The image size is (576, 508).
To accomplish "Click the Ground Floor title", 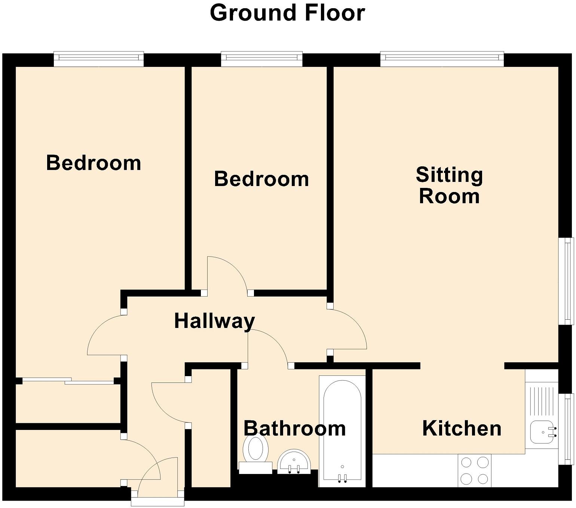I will pos(287,13).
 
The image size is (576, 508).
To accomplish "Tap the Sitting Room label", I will pos(449,186).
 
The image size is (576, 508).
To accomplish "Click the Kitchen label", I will pos(462,428).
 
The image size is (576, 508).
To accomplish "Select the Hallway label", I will pos(215,321).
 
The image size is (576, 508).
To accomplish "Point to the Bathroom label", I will pos(294,428).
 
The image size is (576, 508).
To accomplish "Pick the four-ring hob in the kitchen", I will pos(475,470).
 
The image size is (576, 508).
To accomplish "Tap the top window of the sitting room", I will pos(442,59).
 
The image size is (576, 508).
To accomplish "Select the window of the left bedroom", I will pos(99,58).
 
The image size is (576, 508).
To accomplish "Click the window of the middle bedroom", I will pos(261,58).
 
